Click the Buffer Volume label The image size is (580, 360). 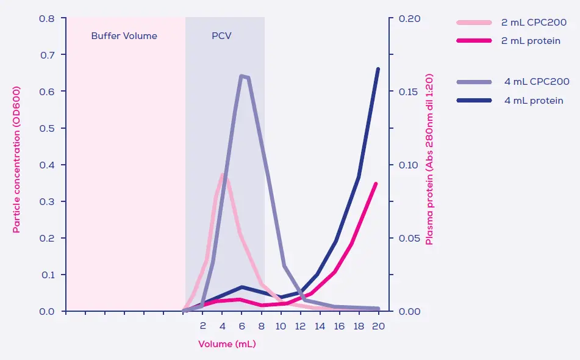click(x=124, y=36)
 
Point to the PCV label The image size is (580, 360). click(x=221, y=36)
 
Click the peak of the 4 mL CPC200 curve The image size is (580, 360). click(x=242, y=76)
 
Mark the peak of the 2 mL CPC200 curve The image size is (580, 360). click(x=223, y=175)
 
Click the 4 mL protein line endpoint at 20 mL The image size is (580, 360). click(x=378, y=69)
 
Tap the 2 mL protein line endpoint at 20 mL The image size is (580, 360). click(x=376, y=184)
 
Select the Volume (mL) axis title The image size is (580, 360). click(x=227, y=344)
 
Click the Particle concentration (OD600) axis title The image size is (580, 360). click(x=16, y=165)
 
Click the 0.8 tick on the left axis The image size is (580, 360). click(x=47, y=18)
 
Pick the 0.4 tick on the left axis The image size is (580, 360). click(x=47, y=165)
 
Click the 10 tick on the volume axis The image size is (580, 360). click(x=281, y=326)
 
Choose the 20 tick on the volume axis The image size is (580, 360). click(x=378, y=326)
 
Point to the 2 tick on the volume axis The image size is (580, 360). click(x=203, y=326)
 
